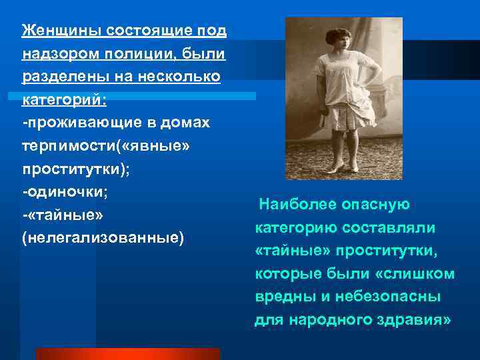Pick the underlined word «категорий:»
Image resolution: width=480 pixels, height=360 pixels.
[63, 100]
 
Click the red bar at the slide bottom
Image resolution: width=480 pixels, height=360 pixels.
[127, 353]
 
